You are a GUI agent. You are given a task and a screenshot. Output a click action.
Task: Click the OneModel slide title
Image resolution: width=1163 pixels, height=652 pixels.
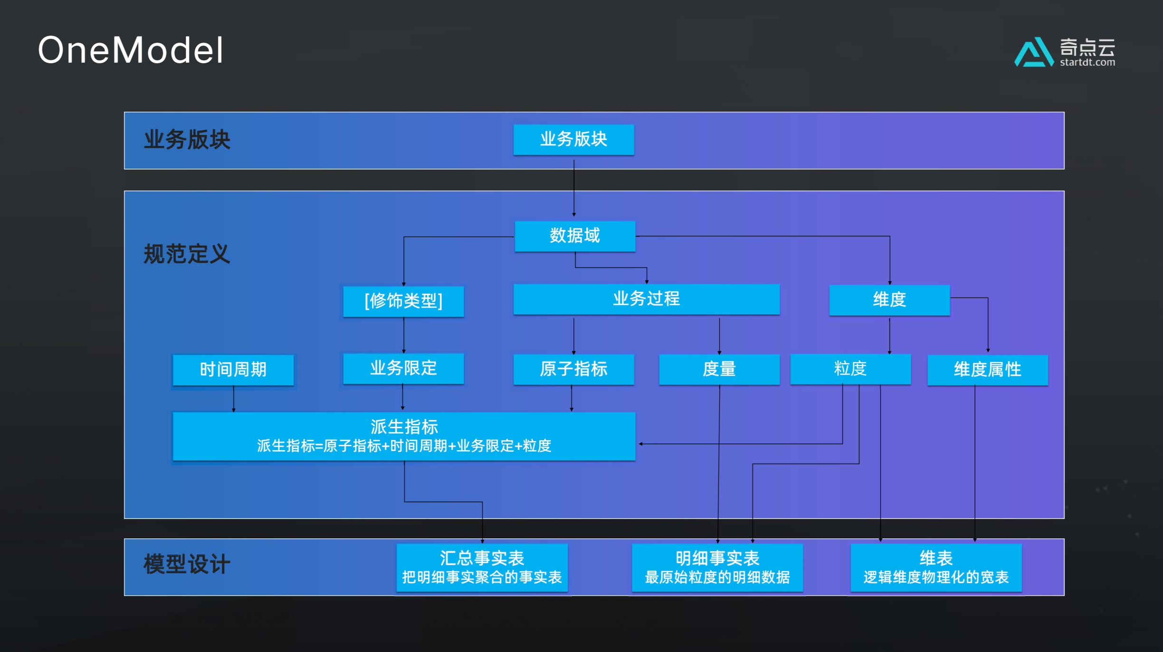point(131,50)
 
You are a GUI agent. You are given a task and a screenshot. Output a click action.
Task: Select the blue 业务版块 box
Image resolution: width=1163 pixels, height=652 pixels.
point(573,139)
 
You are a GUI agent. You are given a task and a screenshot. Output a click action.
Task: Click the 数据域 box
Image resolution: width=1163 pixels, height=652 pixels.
point(575,236)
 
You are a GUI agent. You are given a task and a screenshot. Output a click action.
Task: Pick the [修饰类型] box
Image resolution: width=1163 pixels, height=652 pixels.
point(403,301)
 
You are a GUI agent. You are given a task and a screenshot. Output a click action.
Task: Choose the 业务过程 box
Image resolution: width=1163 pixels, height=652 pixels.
point(646,299)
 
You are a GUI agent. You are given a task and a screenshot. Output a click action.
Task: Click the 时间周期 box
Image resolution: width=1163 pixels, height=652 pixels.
point(233,370)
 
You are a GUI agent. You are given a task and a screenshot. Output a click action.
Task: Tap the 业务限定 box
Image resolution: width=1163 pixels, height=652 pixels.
point(403,368)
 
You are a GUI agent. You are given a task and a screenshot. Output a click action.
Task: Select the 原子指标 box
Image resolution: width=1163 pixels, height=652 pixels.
point(573,369)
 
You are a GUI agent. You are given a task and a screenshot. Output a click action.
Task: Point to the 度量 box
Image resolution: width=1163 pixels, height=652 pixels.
point(719,369)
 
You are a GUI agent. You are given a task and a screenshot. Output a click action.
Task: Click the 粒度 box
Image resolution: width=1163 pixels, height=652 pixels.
point(850,369)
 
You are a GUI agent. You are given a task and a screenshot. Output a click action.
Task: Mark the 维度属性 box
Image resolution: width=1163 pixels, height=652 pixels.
point(987,370)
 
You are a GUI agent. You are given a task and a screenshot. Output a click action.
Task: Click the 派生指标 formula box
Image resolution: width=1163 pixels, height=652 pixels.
point(404,436)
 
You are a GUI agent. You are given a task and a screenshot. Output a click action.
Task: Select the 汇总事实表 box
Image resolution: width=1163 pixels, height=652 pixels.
point(482,567)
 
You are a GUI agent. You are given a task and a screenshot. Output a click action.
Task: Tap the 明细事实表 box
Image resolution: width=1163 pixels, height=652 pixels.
point(717,567)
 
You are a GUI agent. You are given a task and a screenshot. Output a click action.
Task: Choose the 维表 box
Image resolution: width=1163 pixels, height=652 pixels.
point(935,567)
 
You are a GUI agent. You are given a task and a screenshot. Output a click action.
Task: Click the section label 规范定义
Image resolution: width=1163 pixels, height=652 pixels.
point(187,254)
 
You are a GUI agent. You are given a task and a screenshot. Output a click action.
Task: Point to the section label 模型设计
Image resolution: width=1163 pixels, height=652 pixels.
point(187,565)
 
